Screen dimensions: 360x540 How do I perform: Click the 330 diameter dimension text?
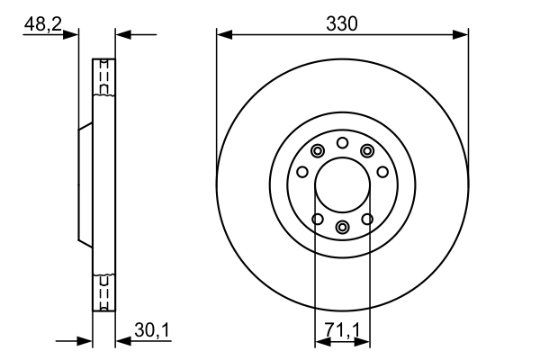click(342, 24)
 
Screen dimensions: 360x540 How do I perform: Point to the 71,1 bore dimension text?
click(342, 332)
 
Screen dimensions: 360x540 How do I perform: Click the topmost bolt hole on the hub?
click(342, 143)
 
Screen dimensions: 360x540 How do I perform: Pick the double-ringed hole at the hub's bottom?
click(342, 227)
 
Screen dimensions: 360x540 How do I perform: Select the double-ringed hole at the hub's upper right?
click(366, 151)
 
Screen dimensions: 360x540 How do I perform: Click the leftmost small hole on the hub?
click(302, 172)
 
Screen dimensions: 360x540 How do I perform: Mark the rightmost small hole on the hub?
click(382, 172)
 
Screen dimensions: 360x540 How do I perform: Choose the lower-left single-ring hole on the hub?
click(317, 219)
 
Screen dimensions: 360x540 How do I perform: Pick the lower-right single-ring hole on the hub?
click(367, 219)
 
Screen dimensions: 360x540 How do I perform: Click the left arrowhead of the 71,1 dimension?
click(319, 342)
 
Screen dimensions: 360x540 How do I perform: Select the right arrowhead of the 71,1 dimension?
click(364, 342)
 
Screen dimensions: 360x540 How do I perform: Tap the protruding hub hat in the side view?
click(85, 186)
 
